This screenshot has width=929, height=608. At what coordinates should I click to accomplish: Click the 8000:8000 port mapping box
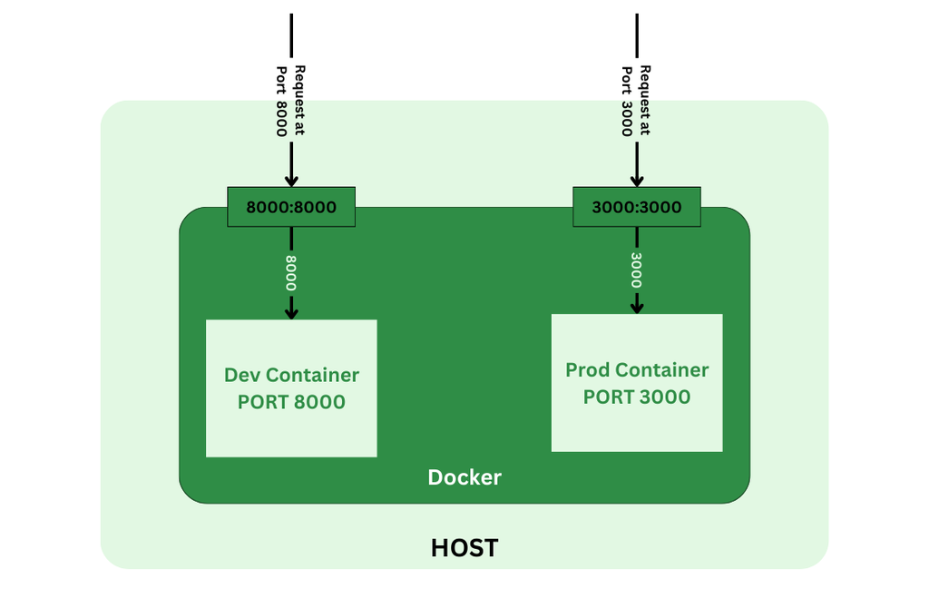(x=291, y=207)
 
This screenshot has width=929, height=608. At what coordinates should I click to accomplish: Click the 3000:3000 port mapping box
(x=636, y=207)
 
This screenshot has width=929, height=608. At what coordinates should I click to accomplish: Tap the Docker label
(x=464, y=477)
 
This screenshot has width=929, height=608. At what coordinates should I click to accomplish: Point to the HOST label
(x=464, y=548)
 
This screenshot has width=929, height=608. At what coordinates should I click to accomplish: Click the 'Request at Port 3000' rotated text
(x=636, y=100)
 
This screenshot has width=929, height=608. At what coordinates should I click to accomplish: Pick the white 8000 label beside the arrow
(x=291, y=272)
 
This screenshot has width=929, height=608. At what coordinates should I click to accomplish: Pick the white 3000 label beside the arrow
(x=637, y=270)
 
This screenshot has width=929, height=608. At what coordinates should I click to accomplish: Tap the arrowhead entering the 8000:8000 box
(x=291, y=180)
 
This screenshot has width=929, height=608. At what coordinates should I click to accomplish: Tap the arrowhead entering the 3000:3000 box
(x=637, y=180)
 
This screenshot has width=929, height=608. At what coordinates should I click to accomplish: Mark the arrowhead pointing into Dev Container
(x=291, y=313)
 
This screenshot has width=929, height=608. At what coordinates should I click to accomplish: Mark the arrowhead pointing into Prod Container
(x=637, y=308)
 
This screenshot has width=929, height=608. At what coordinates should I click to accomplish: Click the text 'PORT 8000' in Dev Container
(x=291, y=402)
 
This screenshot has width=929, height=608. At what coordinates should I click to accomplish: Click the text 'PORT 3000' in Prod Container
(x=637, y=397)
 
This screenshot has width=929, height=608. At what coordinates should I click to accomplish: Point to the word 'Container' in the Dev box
(x=313, y=376)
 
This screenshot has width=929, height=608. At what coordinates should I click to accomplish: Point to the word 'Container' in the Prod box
(x=661, y=370)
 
